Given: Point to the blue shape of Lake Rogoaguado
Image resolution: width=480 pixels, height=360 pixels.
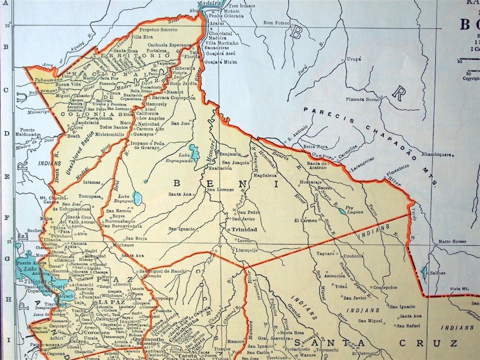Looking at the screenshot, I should [195, 152].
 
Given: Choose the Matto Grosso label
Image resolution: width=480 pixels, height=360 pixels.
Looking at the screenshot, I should [452, 241].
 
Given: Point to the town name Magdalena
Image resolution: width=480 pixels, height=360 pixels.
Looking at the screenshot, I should [265, 176].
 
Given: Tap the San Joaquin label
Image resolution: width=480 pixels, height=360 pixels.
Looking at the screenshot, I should [236, 162].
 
